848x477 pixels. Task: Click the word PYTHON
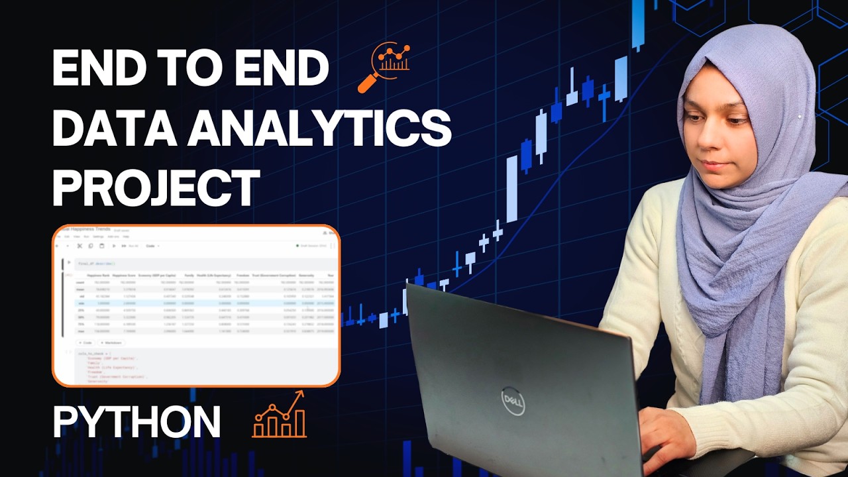tap(136, 422)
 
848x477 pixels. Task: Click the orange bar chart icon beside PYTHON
tap(280, 415)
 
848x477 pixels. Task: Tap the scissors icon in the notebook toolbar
tap(79, 246)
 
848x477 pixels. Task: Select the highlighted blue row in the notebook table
tap(199, 302)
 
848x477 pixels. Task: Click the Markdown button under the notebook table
tap(110, 343)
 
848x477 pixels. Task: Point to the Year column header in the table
tap(330, 274)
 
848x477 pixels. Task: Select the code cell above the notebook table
tap(199, 263)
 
